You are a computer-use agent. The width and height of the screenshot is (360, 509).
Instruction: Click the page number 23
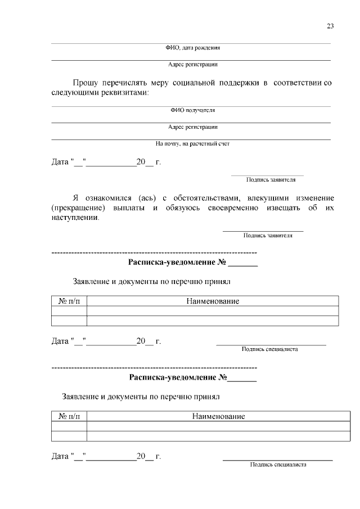click(x=330, y=26)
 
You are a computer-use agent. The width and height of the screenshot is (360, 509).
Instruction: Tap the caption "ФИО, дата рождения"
click(x=192, y=48)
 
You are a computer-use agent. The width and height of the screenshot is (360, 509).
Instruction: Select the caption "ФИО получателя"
click(x=192, y=110)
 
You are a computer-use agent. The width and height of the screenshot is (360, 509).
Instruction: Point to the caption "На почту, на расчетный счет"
click(x=192, y=143)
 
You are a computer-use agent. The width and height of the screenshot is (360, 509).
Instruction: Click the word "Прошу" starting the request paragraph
click(x=85, y=83)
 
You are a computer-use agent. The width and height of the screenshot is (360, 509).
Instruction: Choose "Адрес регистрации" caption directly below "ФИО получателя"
click(x=192, y=127)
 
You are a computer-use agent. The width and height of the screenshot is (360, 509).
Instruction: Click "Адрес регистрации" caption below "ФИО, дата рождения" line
click(x=192, y=65)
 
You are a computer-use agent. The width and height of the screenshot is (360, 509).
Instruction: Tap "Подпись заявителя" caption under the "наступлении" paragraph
click(x=268, y=236)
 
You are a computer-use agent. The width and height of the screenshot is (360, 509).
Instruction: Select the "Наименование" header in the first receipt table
click(x=213, y=301)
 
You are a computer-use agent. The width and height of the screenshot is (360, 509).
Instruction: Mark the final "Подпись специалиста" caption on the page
click(x=278, y=465)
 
